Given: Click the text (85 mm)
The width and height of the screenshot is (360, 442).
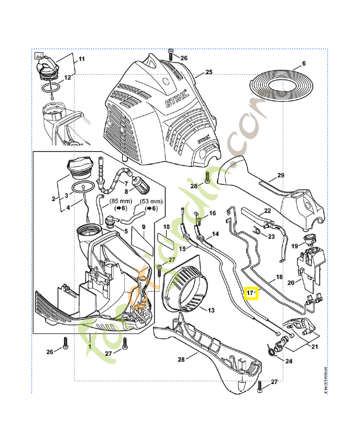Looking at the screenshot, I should coord(120,202).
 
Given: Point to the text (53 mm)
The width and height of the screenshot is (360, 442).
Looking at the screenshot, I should coord(150,202).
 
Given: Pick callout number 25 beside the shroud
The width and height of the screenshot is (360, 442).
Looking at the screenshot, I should coord(209,72).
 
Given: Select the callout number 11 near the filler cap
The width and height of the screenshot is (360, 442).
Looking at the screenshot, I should coord(82,59).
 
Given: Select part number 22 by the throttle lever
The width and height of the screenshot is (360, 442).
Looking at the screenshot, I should coord(267,211).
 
